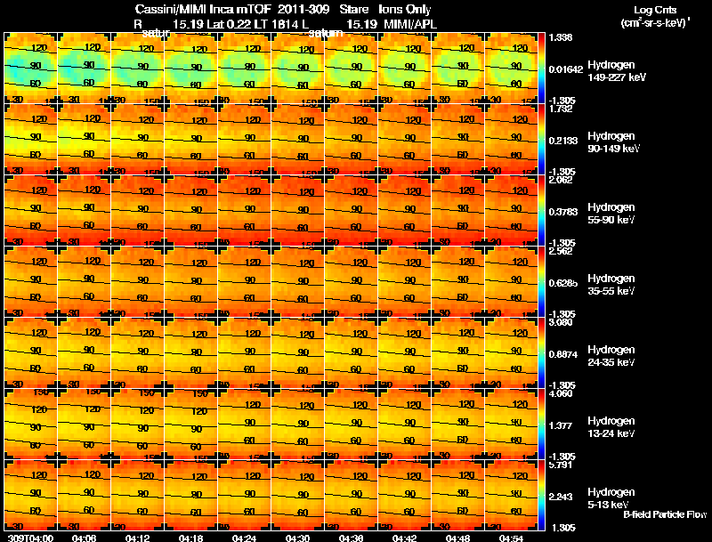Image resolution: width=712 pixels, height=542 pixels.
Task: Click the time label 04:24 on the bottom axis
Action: [243, 538]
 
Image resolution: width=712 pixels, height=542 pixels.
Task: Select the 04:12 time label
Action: [137, 538]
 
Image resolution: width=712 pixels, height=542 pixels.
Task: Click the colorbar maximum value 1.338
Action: [562, 36]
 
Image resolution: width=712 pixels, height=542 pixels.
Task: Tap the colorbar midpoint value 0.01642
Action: [565, 67]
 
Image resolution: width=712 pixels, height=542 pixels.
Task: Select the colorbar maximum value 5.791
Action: [562, 464]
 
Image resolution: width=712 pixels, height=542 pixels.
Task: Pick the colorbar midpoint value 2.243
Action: [562, 497]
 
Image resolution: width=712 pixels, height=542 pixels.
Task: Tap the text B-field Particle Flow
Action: [664, 514]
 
